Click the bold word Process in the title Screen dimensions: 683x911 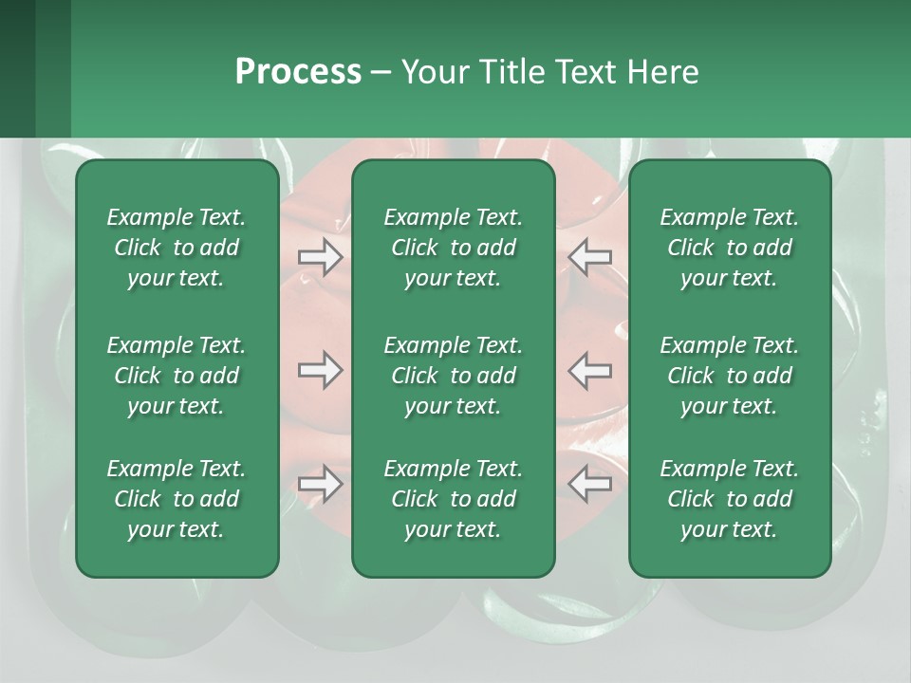[x=298, y=72]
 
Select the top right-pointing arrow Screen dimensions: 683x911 [x=321, y=257]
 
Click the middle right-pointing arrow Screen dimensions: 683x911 [x=321, y=370]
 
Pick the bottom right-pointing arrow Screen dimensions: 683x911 [x=321, y=484]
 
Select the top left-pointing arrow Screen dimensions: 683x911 [x=590, y=257]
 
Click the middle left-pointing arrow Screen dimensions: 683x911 [x=590, y=370]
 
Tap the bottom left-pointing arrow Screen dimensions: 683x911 [x=590, y=484]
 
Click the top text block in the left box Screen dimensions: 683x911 [x=177, y=248]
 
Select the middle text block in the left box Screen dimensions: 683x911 [x=177, y=376]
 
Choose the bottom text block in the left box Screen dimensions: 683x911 [x=177, y=499]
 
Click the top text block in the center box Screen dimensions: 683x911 [x=453, y=248]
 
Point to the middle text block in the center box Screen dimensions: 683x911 [x=453, y=376]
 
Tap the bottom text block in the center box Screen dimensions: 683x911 [x=453, y=499]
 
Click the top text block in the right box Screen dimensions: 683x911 [x=729, y=248]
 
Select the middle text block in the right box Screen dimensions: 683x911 [x=729, y=376]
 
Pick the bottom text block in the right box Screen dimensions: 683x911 [x=729, y=499]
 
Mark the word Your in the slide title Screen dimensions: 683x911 [x=435, y=72]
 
